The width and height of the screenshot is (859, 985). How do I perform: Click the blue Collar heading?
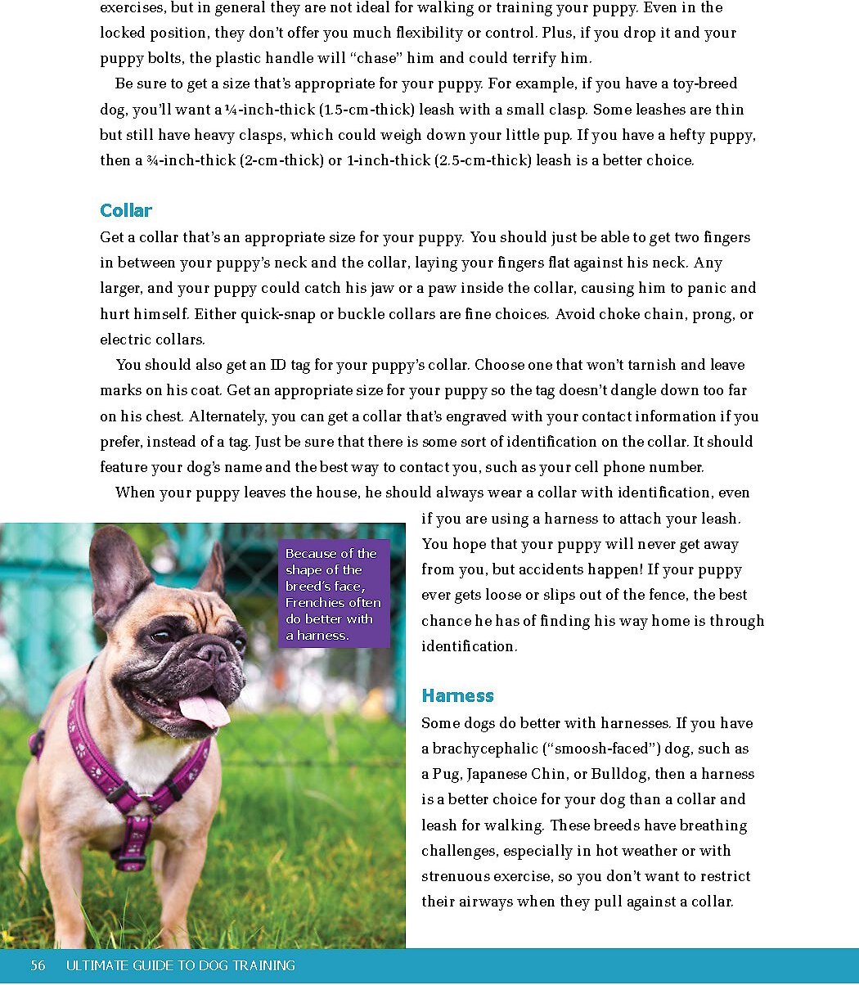pyautogui.click(x=126, y=211)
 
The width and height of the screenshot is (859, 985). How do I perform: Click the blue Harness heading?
pyautogui.click(x=457, y=696)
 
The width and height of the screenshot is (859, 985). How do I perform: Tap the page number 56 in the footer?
pyautogui.click(x=38, y=966)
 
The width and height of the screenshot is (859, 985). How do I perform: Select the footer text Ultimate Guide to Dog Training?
pyautogui.click(x=180, y=966)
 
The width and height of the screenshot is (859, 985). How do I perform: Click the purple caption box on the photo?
pyautogui.click(x=333, y=594)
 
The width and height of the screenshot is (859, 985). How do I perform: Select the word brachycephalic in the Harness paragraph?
pyautogui.click(x=483, y=749)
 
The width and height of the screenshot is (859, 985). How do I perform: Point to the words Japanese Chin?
pyautogui.click(x=527, y=774)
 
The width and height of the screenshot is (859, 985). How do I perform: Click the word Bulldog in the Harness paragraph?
pyautogui.click(x=619, y=774)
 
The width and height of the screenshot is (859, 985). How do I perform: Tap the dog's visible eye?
pyautogui.click(x=161, y=636)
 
